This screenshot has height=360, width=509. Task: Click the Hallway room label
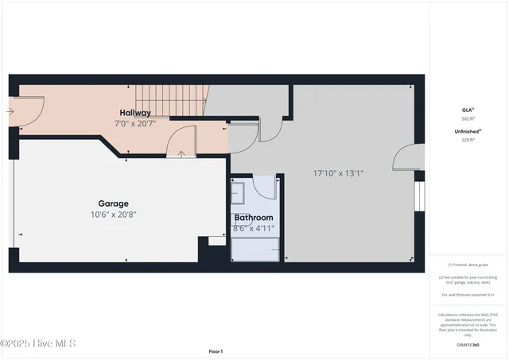tap(135, 113)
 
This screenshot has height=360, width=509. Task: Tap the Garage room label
tap(113, 203)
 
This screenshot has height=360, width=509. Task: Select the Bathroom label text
tap(253, 218)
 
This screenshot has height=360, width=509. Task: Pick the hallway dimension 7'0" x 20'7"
tap(135, 123)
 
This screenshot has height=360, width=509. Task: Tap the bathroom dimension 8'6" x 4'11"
tap(253, 228)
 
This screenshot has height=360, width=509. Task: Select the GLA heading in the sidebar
tap(468, 110)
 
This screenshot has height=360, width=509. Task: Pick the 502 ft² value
tap(468, 119)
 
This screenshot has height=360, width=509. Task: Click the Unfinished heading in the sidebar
tap(468, 131)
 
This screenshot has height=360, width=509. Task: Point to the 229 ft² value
tap(468, 140)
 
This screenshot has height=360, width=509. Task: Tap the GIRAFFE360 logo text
tap(468, 345)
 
